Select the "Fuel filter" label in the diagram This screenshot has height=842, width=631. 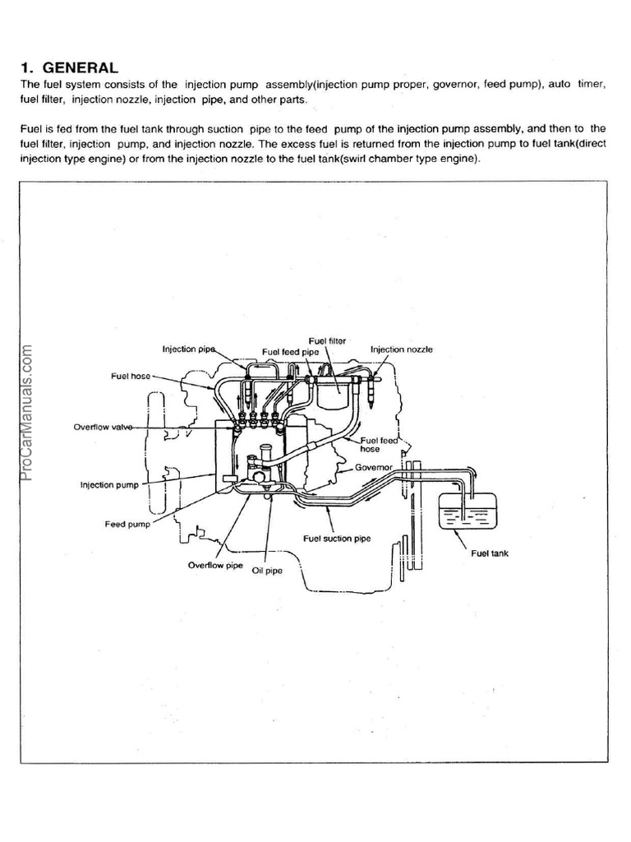point(327,340)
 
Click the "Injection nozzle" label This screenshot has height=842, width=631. point(401,349)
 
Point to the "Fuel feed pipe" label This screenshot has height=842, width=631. point(290,352)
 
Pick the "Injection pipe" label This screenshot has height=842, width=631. point(189,349)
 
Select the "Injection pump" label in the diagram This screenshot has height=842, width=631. point(109,485)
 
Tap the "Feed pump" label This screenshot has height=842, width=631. point(127,524)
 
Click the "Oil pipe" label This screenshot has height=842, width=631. point(267,571)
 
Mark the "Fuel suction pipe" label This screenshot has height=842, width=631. point(337,539)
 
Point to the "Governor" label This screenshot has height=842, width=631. point(375,466)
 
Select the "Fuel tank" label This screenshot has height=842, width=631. point(490,553)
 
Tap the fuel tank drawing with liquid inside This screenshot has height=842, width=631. point(464,513)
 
